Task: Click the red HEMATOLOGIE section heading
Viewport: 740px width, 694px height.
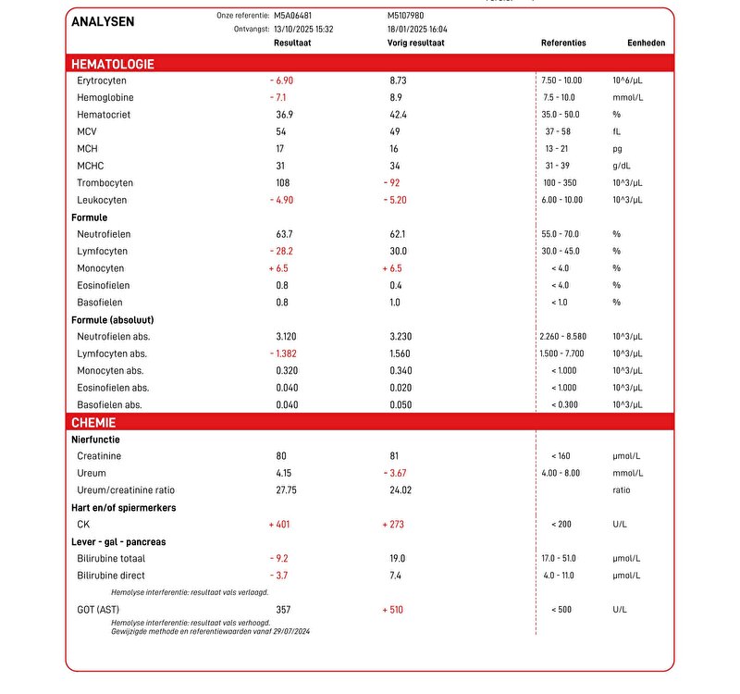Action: [113, 64]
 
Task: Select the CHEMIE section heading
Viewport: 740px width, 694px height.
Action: [93, 422]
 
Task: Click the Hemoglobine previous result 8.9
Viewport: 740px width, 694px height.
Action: [396, 97]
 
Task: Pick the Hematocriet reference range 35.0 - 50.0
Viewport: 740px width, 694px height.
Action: [561, 115]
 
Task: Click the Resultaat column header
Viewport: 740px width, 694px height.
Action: [291, 43]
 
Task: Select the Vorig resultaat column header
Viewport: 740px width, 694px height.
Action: [416, 43]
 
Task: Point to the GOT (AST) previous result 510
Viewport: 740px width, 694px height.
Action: [395, 610]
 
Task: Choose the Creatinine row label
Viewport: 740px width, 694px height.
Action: [99, 456]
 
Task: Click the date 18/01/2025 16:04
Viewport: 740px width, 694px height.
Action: [417, 29]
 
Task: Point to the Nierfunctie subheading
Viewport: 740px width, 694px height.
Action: [95, 440]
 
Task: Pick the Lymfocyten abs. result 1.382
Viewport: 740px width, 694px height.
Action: [286, 353]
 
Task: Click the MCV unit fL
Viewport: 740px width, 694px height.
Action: [616, 131]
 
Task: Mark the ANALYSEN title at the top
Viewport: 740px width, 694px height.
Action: [104, 20]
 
